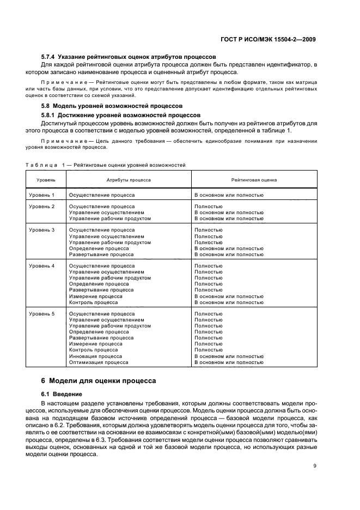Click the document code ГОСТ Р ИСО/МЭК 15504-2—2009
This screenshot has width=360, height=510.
273,39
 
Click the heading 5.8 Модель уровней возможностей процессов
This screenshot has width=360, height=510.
112,105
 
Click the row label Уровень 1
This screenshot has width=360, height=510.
42,195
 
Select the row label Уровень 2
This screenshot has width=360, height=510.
42,207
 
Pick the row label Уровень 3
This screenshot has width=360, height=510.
42,230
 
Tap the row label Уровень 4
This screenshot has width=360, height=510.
42,266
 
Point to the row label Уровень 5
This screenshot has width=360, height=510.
42,314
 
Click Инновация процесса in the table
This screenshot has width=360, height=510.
95,356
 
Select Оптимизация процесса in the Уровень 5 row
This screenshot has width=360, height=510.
99,362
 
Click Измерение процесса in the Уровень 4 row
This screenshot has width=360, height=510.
95,296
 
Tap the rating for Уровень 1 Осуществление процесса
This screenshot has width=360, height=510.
229,195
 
